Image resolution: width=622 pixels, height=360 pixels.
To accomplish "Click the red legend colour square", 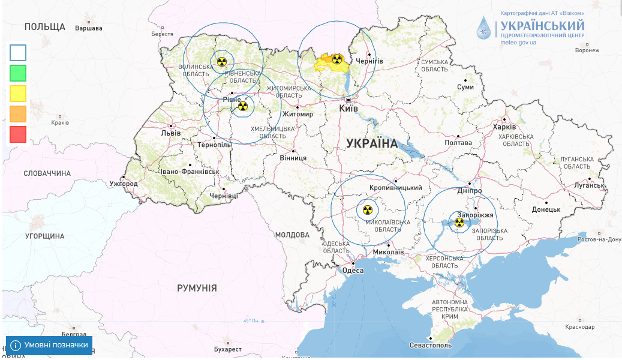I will pos(18,134).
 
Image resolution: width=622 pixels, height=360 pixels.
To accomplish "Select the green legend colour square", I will pos(18,73).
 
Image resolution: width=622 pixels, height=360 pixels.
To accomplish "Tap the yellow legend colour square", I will pos(18,94).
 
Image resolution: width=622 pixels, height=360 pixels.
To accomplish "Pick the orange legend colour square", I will pos(18,114).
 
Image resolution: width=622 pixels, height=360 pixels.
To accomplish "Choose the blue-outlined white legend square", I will pos(18,53).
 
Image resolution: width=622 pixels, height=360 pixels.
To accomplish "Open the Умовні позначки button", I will pos(50,345).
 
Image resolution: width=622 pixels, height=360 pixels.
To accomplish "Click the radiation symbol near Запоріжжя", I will pos(459,223).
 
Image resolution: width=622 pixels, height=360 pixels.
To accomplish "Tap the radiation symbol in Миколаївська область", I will pos(368,210).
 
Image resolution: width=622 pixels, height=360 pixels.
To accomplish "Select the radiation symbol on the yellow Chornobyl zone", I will pos(337,59).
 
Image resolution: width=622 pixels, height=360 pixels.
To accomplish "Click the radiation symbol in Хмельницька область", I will pos(242,106).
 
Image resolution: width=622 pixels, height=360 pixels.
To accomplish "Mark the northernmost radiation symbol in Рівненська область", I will pos(222,61).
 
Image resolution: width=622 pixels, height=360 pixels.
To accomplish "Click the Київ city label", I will pos(348,109).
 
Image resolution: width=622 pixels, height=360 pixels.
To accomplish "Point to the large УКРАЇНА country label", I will pos(372,143).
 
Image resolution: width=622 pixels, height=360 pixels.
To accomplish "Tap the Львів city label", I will pos(171,133).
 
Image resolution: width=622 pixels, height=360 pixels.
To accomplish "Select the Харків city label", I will pos(504,127).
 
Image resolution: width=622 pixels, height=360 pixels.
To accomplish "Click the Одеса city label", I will pos(353,271).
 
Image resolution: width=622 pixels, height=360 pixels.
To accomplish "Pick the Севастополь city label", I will pos(430,346).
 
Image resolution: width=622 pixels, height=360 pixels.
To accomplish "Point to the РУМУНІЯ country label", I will pos(197,289).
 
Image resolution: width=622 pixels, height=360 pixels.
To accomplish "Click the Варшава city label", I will pos(89,28).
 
